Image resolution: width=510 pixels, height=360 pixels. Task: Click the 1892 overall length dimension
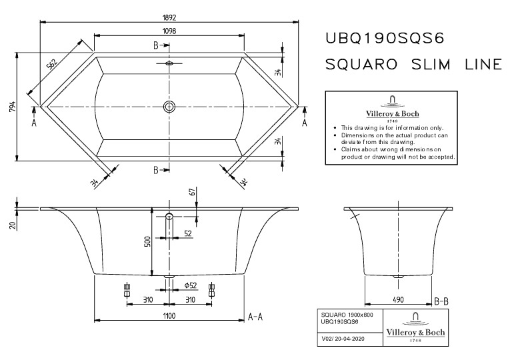tap(169, 17)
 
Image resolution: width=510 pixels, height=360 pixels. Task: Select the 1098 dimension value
tap(169, 31)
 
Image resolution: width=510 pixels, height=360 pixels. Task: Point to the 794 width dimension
tap(13, 107)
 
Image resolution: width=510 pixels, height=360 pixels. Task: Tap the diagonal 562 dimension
tap(52, 65)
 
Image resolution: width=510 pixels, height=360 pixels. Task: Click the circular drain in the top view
tap(169, 107)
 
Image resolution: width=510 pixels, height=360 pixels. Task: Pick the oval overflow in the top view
tap(169, 63)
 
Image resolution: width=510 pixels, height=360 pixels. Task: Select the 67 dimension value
tap(193, 192)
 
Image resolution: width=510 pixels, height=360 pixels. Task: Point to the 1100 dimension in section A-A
tap(169, 316)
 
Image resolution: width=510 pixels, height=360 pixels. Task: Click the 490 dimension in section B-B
tap(398, 299)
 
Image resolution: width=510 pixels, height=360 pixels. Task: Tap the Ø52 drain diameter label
tap(191, 285)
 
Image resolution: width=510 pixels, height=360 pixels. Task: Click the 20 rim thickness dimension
tap(13, 225)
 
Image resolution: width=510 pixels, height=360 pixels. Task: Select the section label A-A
tap(255, 317)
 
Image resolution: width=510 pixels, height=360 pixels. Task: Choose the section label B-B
tap(441, 302)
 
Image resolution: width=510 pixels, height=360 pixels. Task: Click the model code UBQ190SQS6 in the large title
tap(385, 39)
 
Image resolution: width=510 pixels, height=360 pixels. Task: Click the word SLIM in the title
tap(431, 64)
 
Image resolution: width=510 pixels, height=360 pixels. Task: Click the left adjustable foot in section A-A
tap(127, 290)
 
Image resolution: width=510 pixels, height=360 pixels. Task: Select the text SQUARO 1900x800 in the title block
tap(347, 315)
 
